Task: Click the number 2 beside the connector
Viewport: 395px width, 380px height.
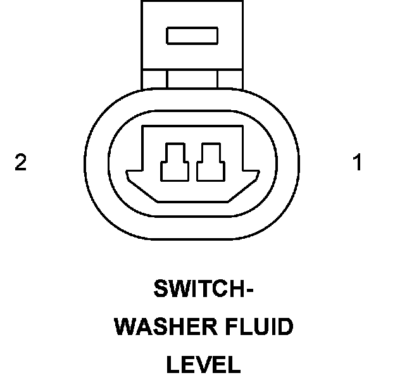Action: click(x=21, y=163)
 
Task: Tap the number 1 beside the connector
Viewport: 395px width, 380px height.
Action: click(x=358, y=163)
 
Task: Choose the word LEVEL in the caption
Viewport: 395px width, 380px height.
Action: click(x=204, y=364)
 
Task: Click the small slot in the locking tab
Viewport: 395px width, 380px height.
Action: click(x=192, y=35)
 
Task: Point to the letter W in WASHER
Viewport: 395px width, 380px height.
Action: click(x=125, y=327)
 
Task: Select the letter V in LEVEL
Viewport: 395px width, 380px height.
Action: click(x=204, y=364)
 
